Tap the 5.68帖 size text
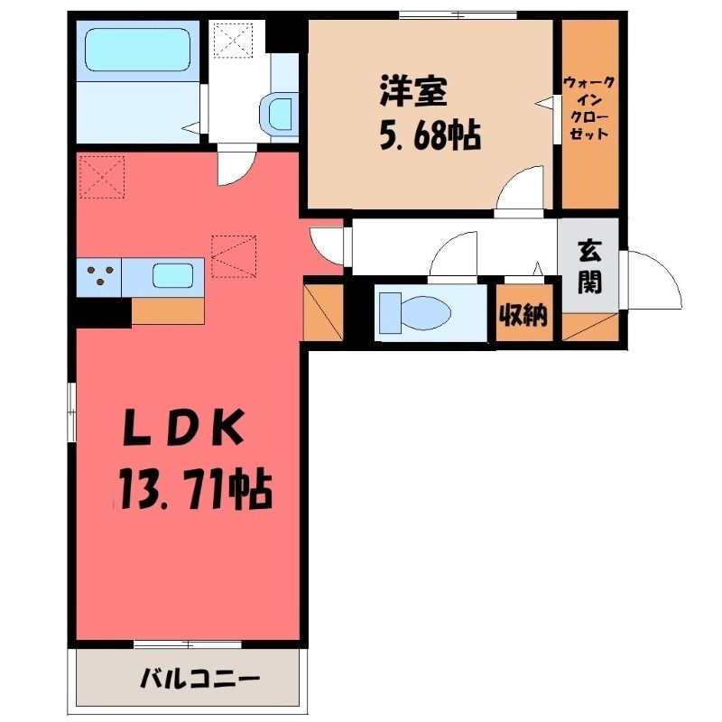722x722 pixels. pos(430,135)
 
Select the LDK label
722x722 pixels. pos(183,428)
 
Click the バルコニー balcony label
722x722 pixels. pos(200,679)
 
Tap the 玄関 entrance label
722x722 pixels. pos(590,267)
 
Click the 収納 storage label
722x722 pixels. pos(524,315)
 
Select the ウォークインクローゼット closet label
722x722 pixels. pos(589,108)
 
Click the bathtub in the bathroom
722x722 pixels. pos(138,50)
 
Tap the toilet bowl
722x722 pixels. pos(415,313)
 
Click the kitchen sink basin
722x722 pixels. pos(172,276)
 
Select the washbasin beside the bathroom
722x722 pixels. pos(279,114)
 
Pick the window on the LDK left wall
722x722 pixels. pos(71,412)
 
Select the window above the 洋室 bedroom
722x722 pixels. pos(458,15)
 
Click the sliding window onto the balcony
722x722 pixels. pos(188,644)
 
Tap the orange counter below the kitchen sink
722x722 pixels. pos(168,310)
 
